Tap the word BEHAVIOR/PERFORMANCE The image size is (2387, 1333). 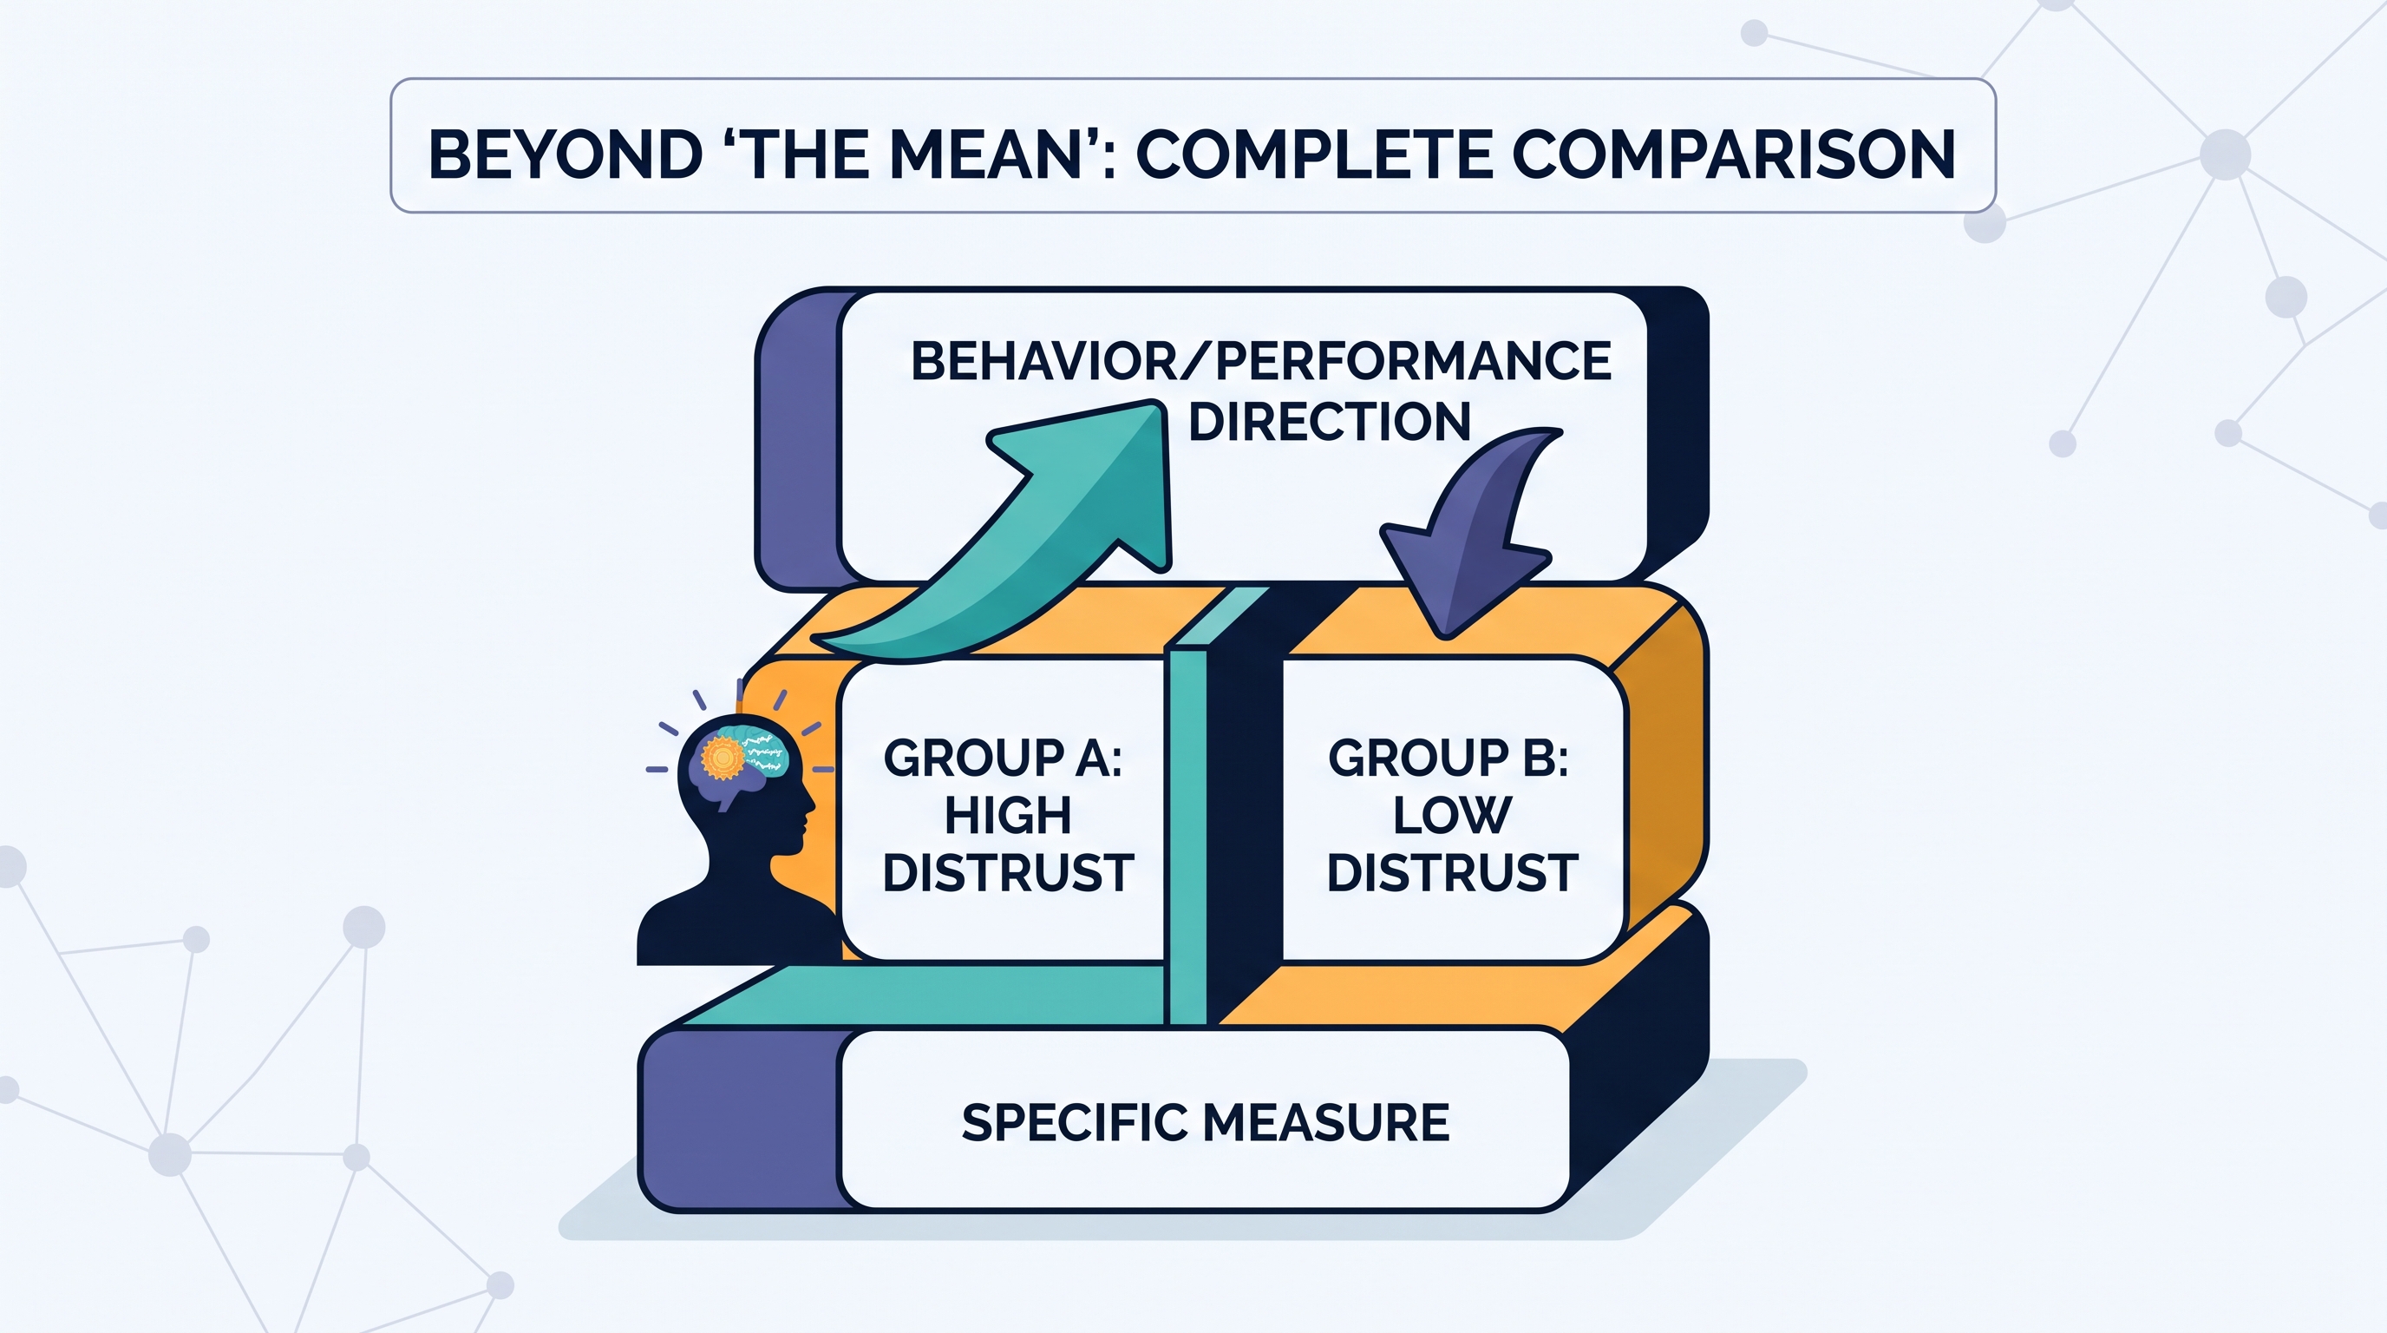tap(1261, 362)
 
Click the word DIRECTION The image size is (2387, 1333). tap(1329, 422)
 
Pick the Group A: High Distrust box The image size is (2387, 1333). tap(1001, 809)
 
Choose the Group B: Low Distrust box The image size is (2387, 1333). tap(1453, 809)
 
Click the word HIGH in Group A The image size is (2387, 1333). tap(1007, 816)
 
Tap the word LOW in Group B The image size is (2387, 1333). tap(1452, 816)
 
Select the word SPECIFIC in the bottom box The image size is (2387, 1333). tap(1074, 1123)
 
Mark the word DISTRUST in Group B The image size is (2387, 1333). tap(1452, 873)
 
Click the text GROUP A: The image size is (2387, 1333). tap(1002, 758)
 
